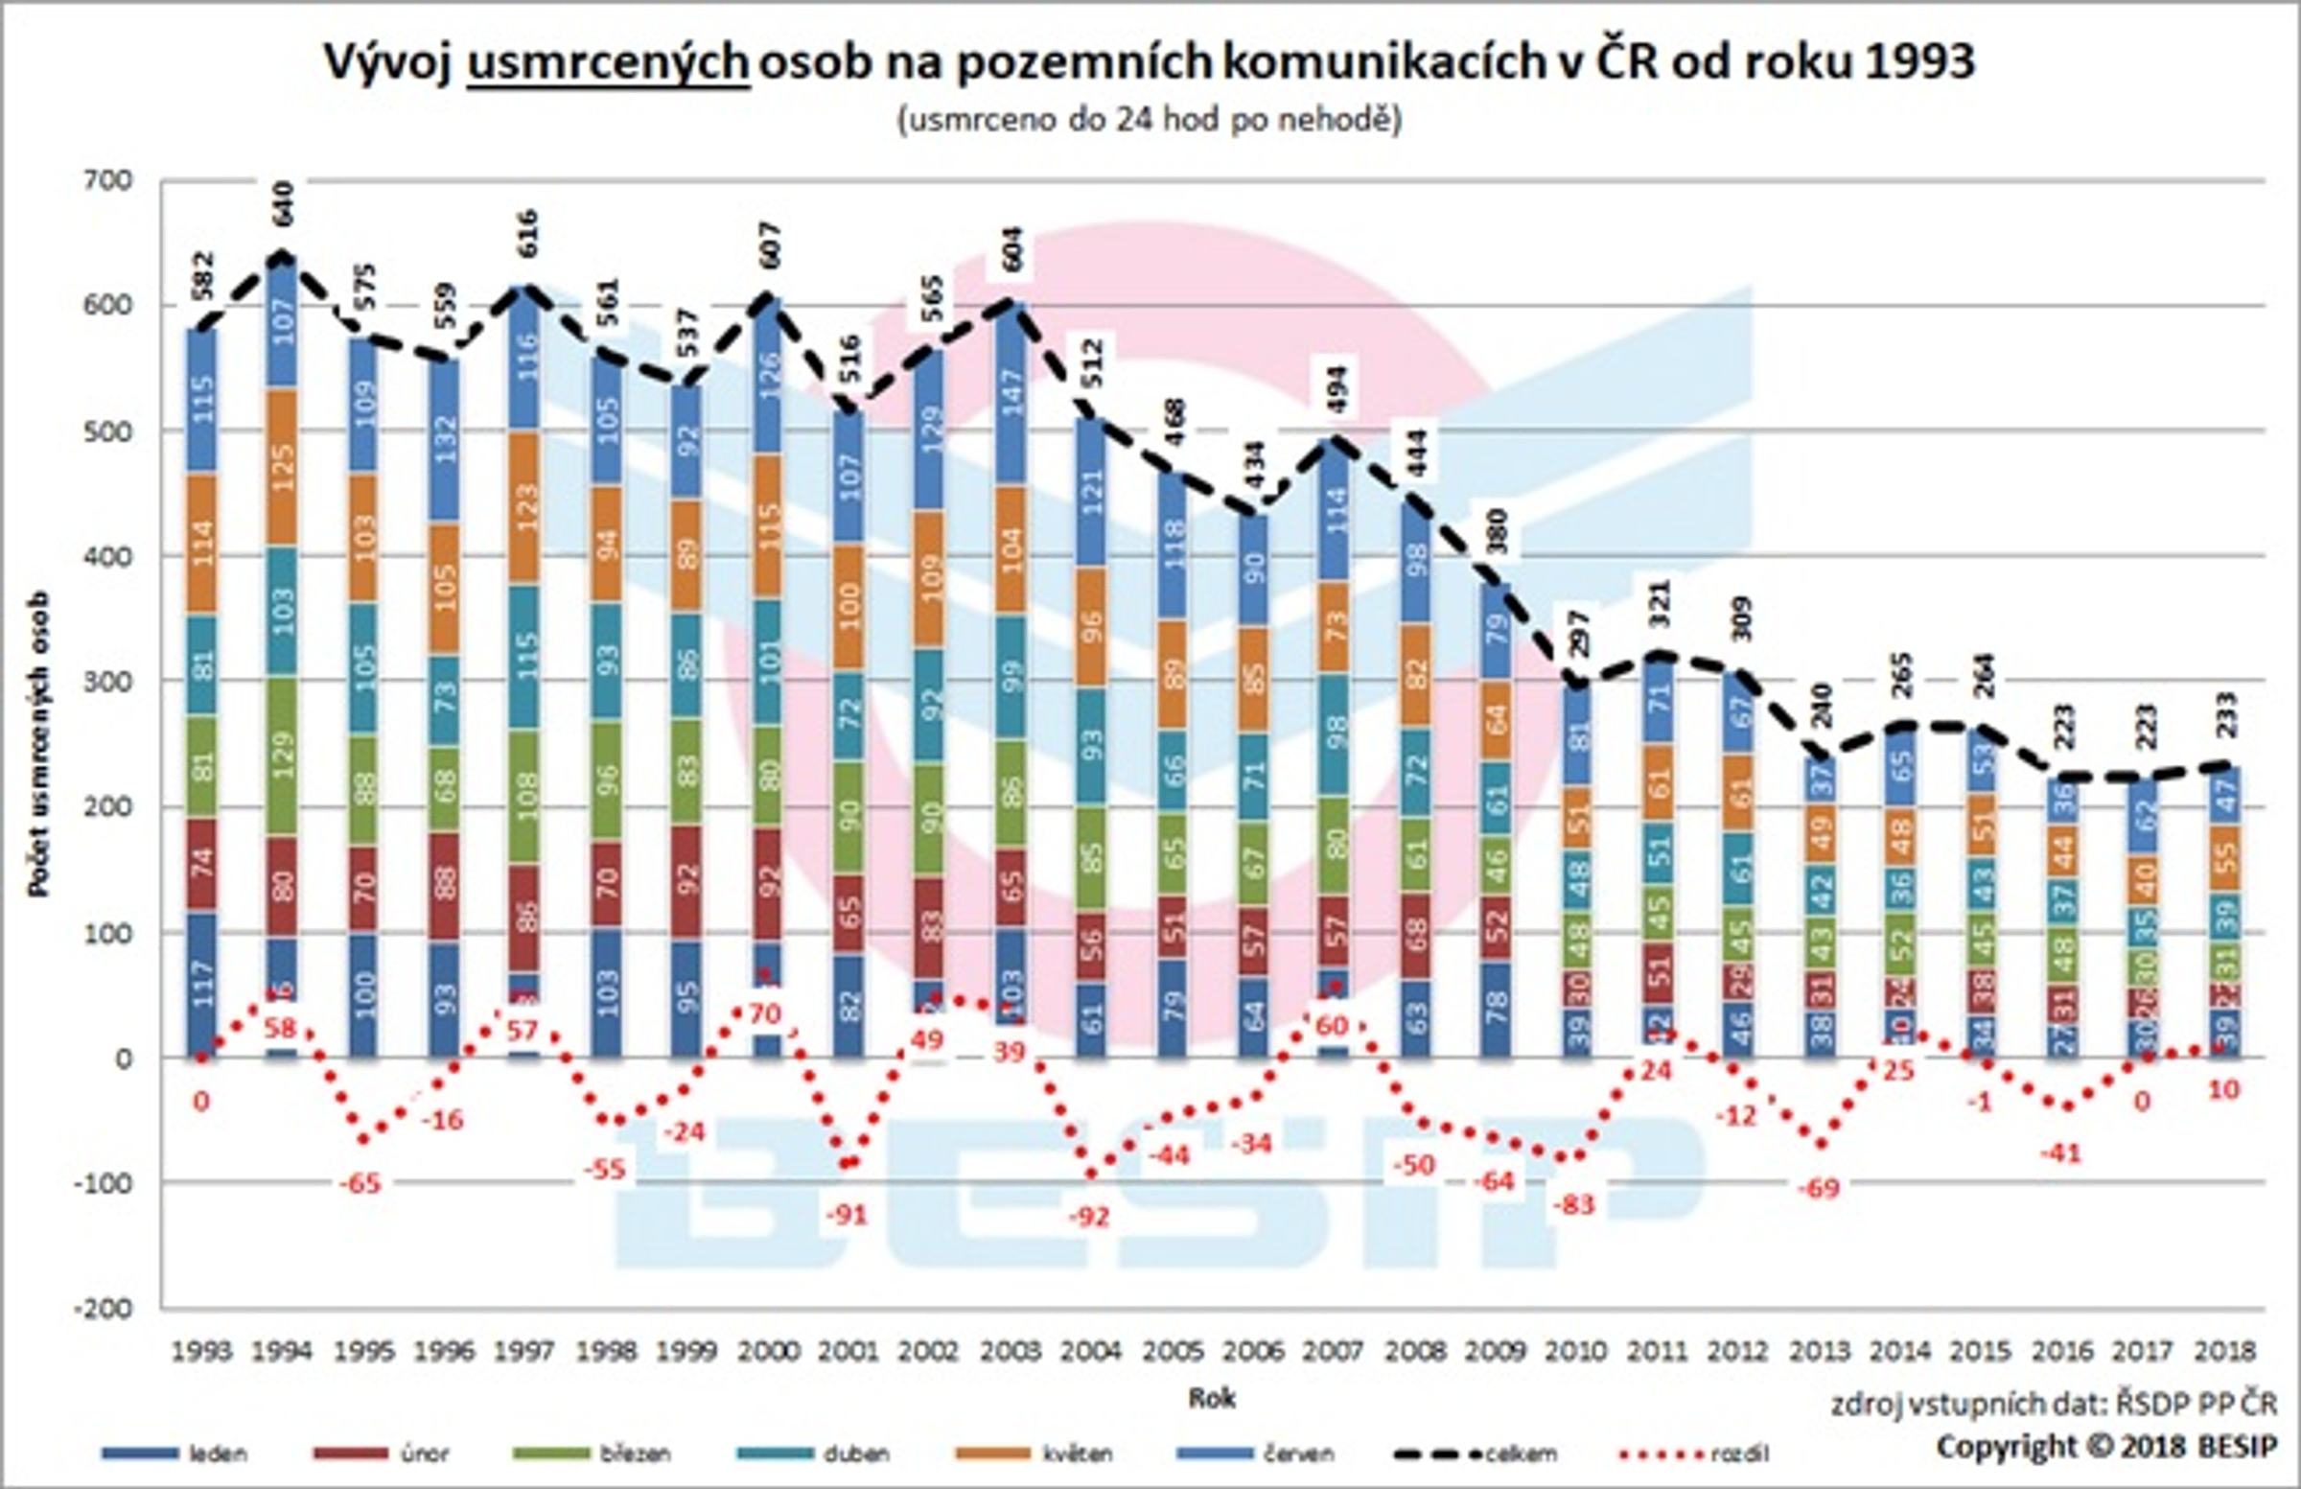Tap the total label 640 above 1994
click(282, 204)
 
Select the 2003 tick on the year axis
click(1010, 1351)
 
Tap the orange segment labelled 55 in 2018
click(2223, 856)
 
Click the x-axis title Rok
click(1212, 1398)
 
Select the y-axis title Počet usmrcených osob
click(39, 744)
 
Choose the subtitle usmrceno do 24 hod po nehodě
click(1150, 120)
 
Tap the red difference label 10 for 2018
click(2223, 1090)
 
